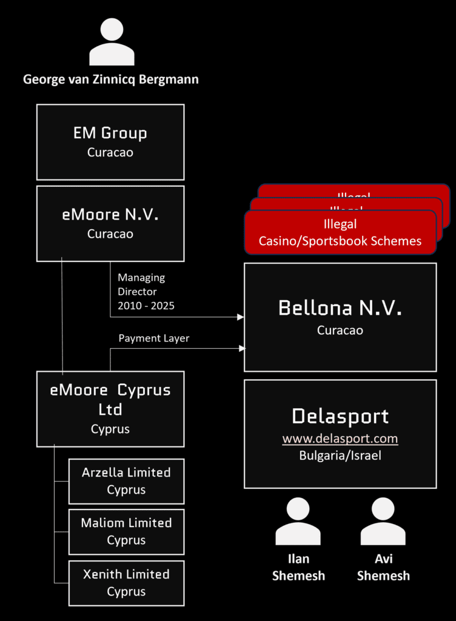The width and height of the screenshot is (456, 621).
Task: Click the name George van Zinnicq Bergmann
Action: [111, 79]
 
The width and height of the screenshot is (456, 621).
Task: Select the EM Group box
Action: [110, 142]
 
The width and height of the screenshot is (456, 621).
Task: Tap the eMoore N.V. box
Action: [110, 223]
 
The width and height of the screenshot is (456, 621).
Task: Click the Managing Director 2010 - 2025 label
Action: [146, 292]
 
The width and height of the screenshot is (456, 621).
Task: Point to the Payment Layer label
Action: [153, 338]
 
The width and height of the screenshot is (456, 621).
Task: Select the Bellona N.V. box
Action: [340, 317]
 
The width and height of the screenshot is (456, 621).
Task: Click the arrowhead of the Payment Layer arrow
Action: [242, 348]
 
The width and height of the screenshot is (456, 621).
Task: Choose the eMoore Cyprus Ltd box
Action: [110, 409]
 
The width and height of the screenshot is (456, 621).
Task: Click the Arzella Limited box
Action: [126, 481]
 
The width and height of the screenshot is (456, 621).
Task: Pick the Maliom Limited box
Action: [126, 531]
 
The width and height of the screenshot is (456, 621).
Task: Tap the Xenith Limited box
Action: [126, 583]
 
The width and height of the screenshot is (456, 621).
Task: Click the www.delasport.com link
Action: [340, 438]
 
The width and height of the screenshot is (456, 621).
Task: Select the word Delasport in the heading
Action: [340, 416]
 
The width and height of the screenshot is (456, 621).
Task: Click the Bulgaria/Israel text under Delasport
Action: [340, 455]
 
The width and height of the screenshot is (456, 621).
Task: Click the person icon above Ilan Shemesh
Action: [298, 522]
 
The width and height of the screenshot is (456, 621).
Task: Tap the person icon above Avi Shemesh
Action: [383, 522]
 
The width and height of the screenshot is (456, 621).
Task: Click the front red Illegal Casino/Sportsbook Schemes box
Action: [340, 233]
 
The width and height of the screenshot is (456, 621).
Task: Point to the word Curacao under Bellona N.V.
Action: [340, 331]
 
